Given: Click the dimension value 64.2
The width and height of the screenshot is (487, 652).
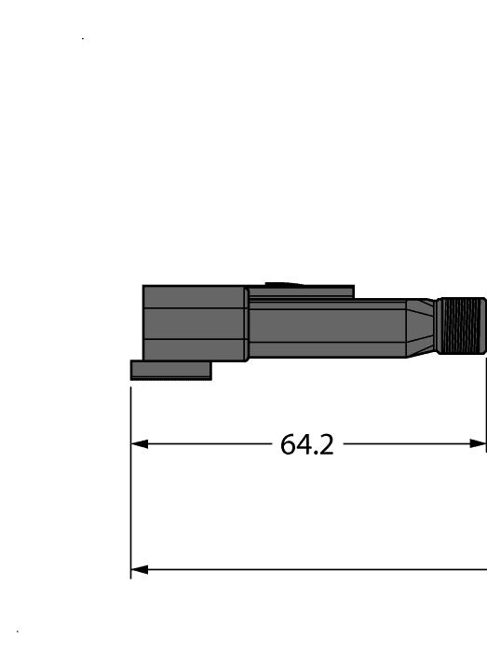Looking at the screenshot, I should (306, 445).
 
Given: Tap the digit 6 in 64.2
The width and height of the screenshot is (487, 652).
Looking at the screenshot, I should (289, 445).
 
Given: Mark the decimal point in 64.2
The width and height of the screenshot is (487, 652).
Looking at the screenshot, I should (315, 454).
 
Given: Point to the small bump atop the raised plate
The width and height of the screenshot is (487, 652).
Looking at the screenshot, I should (278, 284).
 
